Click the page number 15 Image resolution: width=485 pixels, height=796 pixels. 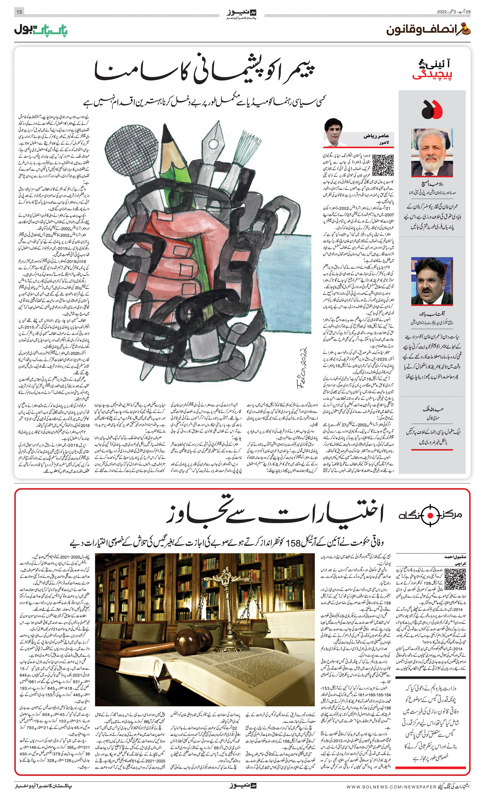[19, 12]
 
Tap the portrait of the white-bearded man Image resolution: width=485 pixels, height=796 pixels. [432, 152]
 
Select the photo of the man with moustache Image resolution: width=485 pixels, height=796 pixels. [432, 281]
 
